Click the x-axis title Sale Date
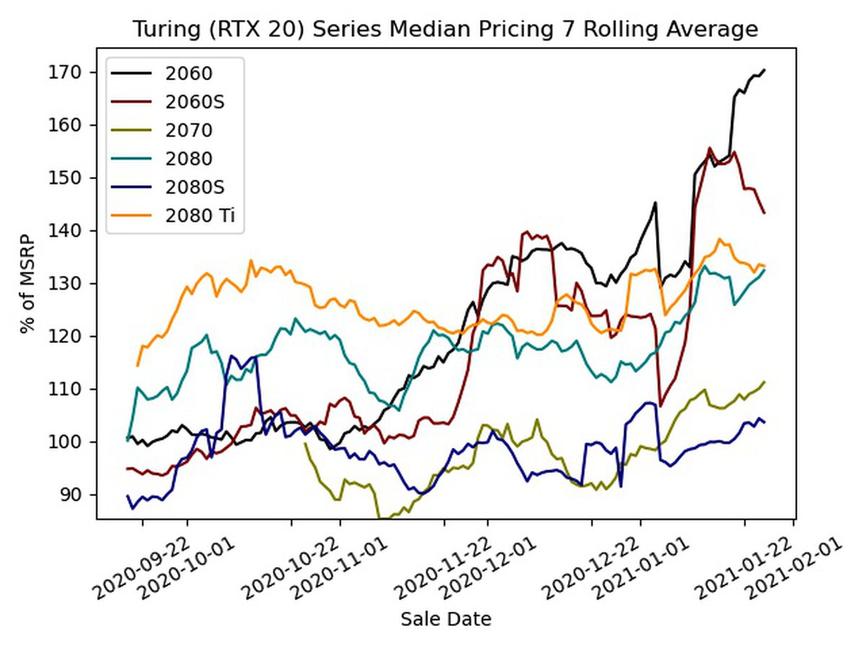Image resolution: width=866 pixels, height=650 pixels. [446, 619]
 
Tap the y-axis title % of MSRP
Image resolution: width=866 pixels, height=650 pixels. [28, 283]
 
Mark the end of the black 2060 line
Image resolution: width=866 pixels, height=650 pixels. [764, 70]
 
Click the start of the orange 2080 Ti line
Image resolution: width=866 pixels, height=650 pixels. [137, 365]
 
